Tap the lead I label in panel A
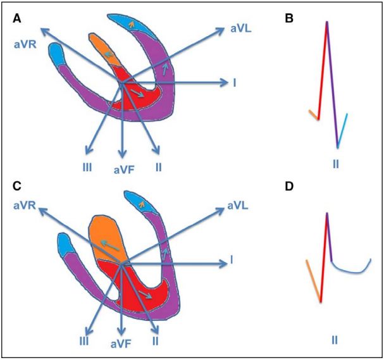(234, 83)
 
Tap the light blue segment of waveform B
(342, 130)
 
